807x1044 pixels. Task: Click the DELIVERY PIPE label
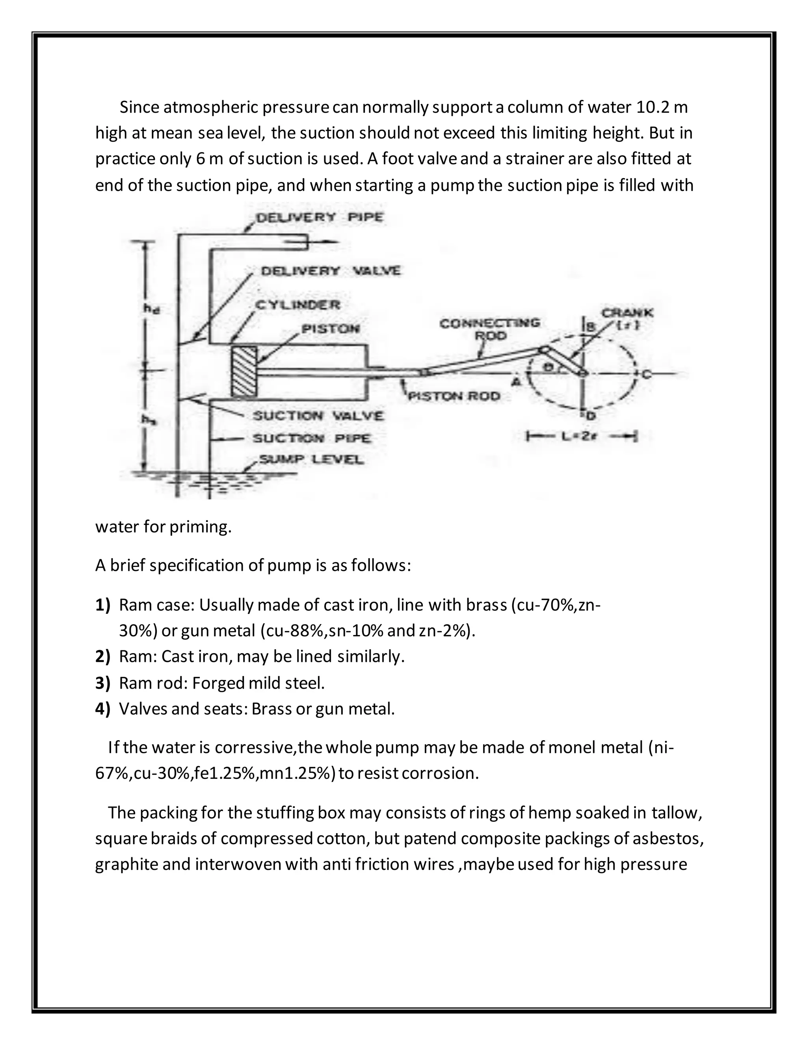click(x=319, y=217)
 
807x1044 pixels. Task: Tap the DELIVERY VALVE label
click(x=330, y=271)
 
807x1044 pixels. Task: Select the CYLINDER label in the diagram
click(x=298, y=305)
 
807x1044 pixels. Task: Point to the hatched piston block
click(x=244, y=372)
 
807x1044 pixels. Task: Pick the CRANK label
click(x=627, y=314)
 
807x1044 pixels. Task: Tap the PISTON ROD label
click(x=454, y=396)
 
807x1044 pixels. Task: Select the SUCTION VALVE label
click(x=318, y=416)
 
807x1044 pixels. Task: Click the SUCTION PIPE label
click(x=312, y=438)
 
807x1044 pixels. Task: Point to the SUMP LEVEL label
click(x=311, y=460)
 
